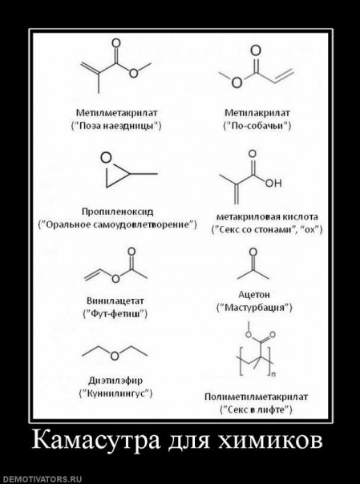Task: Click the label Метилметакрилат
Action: [117, 113]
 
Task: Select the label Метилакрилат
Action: [257, 113]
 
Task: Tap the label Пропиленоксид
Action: [117, 212]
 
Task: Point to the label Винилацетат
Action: [115, 300]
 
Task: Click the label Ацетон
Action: [254, 294]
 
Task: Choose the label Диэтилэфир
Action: [115, 381]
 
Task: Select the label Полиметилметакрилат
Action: [257, 397]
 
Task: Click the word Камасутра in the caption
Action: [96, 440]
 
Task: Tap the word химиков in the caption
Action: [269, 441]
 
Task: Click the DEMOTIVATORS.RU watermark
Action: [41, 479]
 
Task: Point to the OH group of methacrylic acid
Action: [273, 183]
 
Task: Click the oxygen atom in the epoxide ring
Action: [106, 158]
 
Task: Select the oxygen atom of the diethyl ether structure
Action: [115, 356]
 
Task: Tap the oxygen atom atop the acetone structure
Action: [253, 252]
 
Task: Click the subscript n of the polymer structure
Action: [273, 375]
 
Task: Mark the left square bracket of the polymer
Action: [242, 361]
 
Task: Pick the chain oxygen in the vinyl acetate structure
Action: [115, 279]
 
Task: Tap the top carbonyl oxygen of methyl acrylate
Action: [256, 50]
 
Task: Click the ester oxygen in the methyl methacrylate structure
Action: [134, 73]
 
